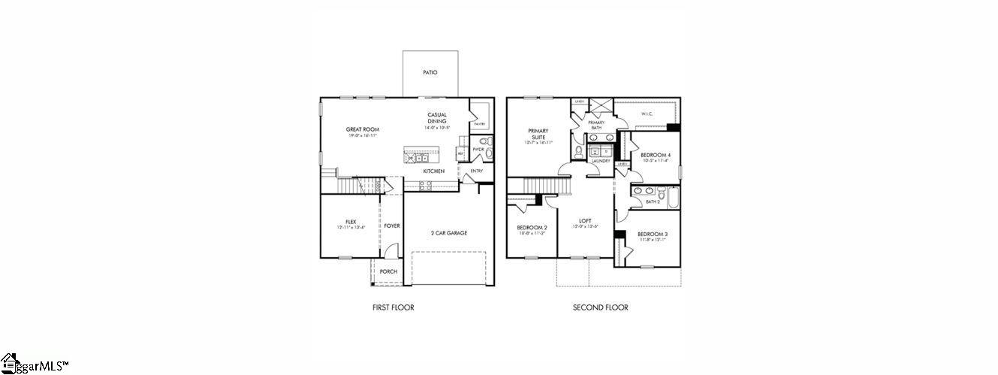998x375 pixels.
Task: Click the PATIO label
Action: (x=430, y=73)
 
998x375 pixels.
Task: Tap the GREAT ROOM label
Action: (x=362, y=129)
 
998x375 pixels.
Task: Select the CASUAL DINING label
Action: (x=437, y=118)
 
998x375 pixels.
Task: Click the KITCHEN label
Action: (x=433, y=171)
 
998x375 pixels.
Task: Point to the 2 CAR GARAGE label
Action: (x=448, y=233)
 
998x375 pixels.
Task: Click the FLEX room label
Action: (x=350, y=222)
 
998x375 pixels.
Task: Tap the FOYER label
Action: (x=392, y=225)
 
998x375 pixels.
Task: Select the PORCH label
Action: (x=388, y=271)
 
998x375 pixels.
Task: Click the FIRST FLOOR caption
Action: (x=393, y=307)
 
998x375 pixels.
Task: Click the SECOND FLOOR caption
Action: (x=600, y=307)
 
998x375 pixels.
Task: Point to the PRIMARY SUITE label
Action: (x=538, y=134)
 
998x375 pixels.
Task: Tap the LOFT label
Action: (x=585, y=221)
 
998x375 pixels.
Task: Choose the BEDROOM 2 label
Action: (x=532, y=228)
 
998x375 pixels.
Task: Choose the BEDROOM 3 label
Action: (x=653, y=234)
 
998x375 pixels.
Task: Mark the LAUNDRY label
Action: (x=601, y=161)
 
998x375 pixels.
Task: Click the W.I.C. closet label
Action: (x=647, y=114)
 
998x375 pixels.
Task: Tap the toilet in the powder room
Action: (x=485, y=141)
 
